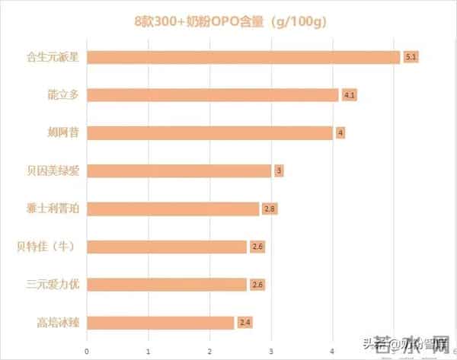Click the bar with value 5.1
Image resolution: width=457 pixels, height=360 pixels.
point(244,57)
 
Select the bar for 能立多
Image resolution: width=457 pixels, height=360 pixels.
point(213,95)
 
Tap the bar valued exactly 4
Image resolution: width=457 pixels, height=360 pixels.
point(210,132)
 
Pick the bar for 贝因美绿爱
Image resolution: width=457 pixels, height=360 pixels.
point(180,170)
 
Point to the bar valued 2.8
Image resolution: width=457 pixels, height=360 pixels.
point(174,209)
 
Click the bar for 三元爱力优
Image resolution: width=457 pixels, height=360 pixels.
point(168,285)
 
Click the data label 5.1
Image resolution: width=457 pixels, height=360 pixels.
point(411,57)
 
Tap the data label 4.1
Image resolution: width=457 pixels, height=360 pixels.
point(350,95)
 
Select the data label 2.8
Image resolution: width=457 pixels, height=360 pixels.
point(269,209)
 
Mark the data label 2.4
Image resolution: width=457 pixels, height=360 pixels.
point(244,323)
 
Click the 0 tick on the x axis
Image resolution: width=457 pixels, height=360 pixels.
point(87,350)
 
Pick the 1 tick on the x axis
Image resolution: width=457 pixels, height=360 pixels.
point(149,350)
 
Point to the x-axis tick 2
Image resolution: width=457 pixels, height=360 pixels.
point(209,350)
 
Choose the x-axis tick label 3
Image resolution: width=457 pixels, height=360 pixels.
point(271,350)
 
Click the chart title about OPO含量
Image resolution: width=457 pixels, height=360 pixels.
point(228,21)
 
